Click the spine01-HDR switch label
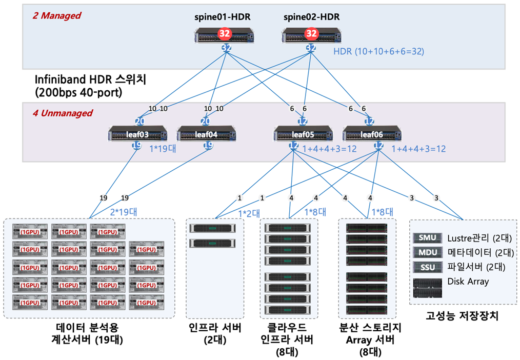224,17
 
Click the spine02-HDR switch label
311,17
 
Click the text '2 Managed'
56,15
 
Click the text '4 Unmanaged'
63,113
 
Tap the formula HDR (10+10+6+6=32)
379,51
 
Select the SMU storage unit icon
427,237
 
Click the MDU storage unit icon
427,252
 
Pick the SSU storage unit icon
427,267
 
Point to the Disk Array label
469,281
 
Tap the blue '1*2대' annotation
249,212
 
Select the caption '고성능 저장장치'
462,317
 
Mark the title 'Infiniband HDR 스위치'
91,80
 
